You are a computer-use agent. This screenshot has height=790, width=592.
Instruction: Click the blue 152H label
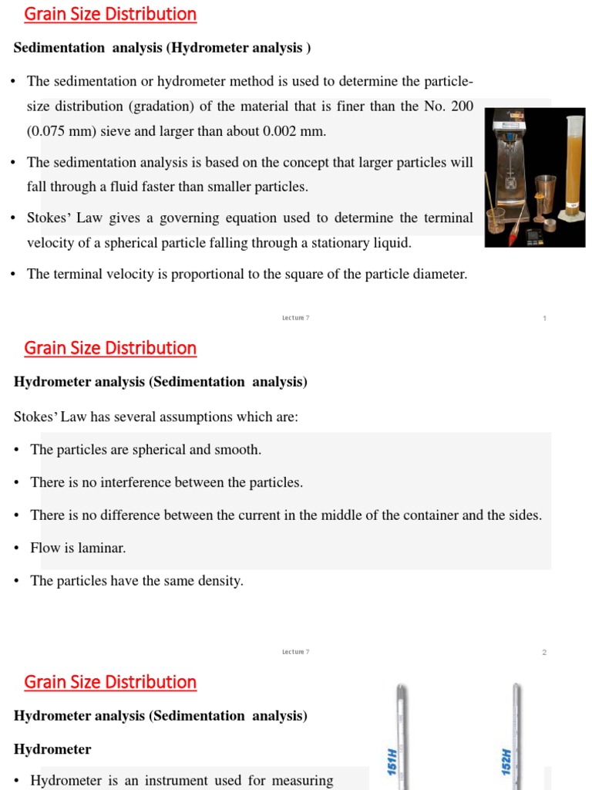point(506,761)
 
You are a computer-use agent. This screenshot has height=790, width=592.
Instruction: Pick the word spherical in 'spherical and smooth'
point(131,450)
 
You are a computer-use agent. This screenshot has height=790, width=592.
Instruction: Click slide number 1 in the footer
point(544,318)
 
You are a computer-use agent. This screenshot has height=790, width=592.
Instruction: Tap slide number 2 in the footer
point(544,652)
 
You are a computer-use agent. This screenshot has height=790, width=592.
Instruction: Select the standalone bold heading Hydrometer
point(52,749)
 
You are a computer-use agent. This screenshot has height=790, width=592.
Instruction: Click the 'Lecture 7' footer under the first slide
point(295,318)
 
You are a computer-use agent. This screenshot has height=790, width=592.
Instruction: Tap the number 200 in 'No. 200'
point(462,106)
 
